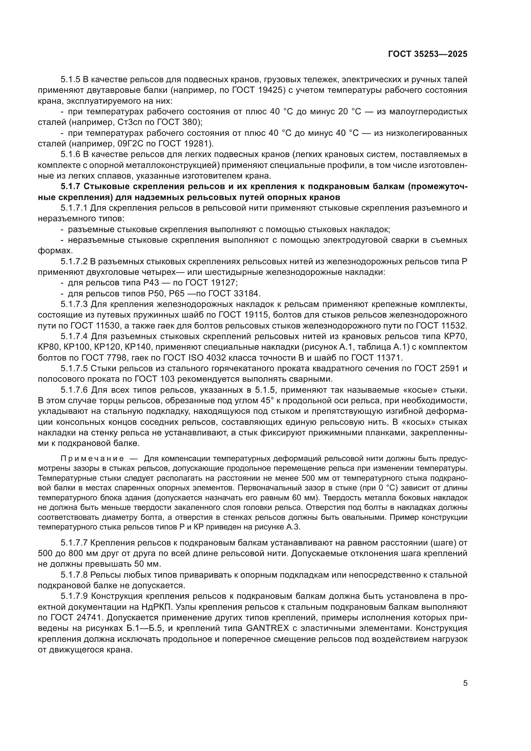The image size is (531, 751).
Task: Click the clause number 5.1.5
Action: tap(70, 80)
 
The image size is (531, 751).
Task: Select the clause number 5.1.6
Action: tap(70, 154)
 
